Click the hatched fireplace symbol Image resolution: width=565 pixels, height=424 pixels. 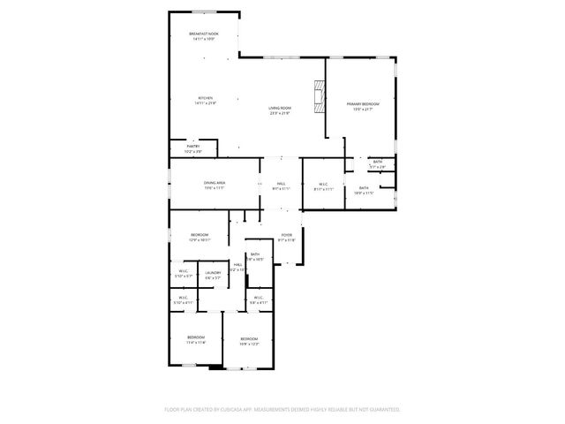(x=318, y=89)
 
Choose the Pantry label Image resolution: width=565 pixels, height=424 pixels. (x=192, y=148)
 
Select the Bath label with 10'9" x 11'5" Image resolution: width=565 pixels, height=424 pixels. (x=364, y=190)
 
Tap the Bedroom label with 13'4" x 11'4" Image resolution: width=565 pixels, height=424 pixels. (x=195, y=339)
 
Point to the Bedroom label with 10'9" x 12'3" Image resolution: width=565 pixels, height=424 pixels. (x=249, y=340)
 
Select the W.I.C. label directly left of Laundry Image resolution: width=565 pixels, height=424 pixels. (x=183, y=275)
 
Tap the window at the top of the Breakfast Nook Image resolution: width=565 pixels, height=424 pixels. (x=205, y=11)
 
